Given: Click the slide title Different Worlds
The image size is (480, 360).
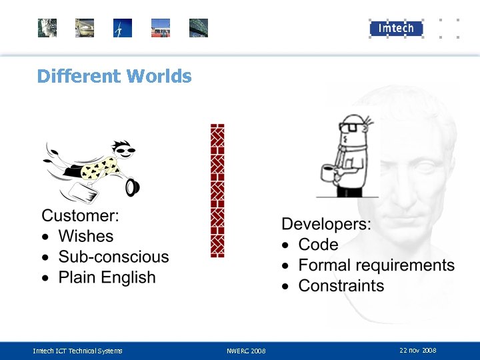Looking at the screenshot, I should [x=114, y=76].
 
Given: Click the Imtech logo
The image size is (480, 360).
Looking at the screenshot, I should [x=396, y=28].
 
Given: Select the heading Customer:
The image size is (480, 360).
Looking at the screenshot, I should [x=81, y=215].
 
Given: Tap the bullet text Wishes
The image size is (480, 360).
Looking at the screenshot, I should [x=85, y=236].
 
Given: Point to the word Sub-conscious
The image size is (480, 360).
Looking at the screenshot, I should [x=113, y=257].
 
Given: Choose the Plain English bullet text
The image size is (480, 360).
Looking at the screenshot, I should [x=107, y=277].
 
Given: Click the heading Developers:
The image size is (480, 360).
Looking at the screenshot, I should [x=326, y=224].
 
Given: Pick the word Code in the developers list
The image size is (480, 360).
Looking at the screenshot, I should [x=318, y=245].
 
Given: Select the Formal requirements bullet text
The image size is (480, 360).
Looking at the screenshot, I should [x=376, y=265].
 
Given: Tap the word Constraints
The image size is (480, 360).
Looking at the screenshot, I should [x=341, y=286].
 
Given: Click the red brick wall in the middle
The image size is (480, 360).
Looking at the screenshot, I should [x=217, y=191].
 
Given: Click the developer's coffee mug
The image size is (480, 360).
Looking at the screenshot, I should [x=327, y=173].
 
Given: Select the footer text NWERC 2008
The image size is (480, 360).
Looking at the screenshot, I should [x=246, y=351].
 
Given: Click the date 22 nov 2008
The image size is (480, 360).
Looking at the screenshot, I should [x=417, y=350].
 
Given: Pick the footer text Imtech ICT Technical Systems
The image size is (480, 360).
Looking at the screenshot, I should [x=77, y=351].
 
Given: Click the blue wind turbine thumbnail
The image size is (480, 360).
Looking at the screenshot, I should [x=123, y=28].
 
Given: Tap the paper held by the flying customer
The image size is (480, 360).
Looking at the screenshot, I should [x=83, y=193].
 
